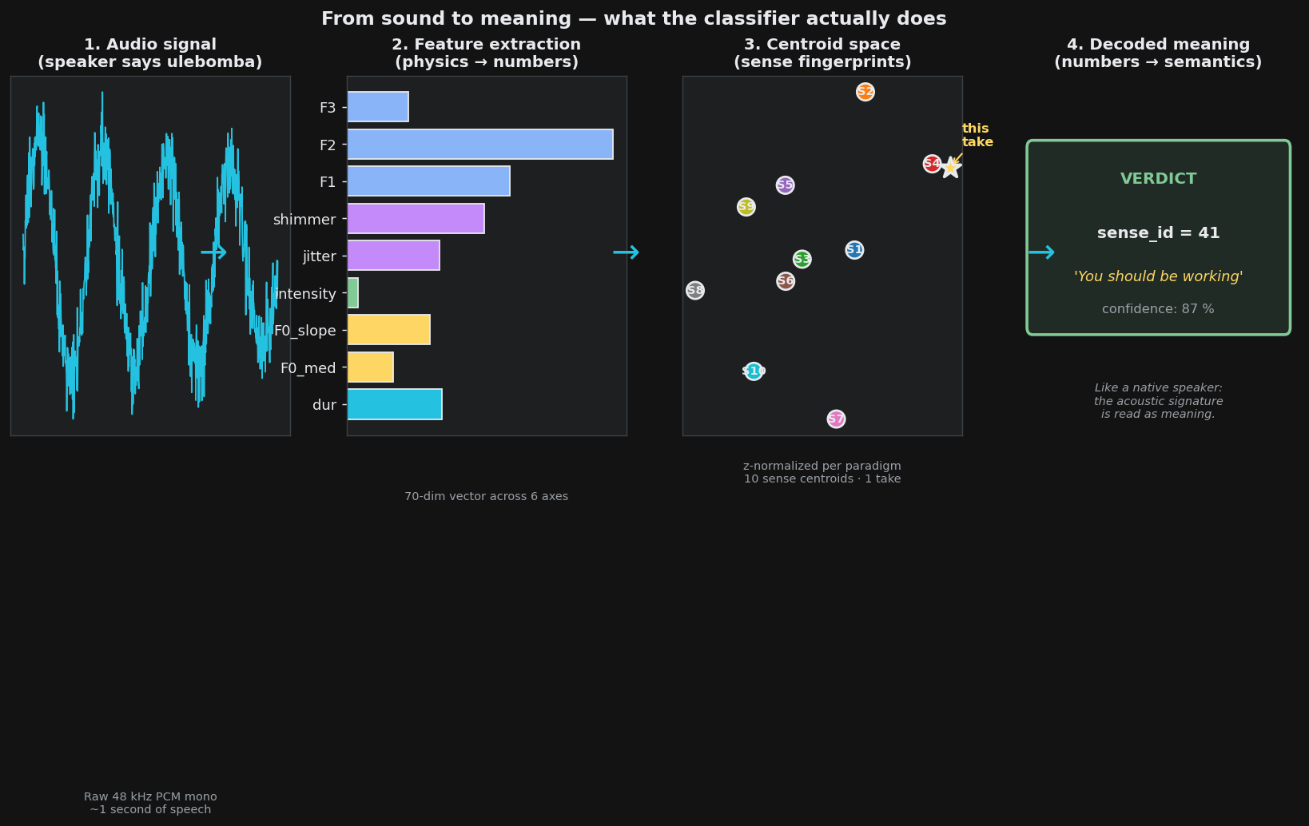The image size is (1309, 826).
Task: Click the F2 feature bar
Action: click(x=480, y=145)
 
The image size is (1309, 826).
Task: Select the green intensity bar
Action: click(x=353, y=293)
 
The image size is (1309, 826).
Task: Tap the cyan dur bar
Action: click(x=395, y=404)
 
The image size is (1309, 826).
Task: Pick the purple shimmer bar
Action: click(x=416, y=218)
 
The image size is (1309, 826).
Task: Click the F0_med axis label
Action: click(x=308, y=368)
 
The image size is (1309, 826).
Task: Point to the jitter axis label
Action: click(x=319, y=256)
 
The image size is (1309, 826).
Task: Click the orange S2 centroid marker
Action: click(x=865, y=92)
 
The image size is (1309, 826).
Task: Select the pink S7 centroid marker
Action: click(x=836, y=419)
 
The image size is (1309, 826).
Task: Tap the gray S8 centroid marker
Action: click(x=695, y=290)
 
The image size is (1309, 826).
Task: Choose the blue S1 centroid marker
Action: click(x=854, y=250)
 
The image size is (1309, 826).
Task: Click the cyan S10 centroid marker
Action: click(x=754, y=371)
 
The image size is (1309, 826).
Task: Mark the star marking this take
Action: click(x=951, y=168)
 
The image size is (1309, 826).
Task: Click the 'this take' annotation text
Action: click(x=977, y=135)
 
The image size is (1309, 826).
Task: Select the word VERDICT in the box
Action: click(x=1158, y=179)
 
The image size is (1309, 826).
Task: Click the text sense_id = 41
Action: click(x=1158, y=233)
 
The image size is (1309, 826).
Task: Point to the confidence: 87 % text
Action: click(x=1158, y=309)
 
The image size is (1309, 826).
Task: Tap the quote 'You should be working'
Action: click(x=1158, y=276)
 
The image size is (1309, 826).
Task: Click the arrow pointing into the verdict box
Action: click(x=1042, y=252)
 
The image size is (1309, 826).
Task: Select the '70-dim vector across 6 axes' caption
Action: click(x=486, y=497)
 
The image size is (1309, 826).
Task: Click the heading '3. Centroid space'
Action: click(x=822, y=45)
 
